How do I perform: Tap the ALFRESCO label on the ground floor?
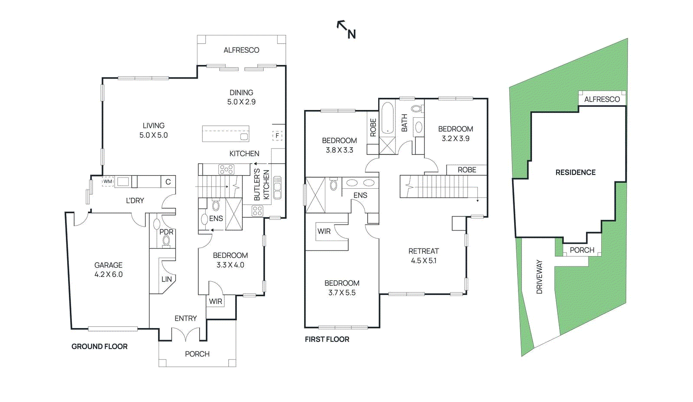241,50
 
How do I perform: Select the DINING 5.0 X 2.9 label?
241,97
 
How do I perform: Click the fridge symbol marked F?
277,135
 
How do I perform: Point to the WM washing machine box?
107,181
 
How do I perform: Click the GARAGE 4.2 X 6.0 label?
108,270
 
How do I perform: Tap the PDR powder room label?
166,232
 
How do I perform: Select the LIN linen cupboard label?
166,279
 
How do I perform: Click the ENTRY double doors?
186,334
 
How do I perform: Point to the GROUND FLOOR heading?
99,347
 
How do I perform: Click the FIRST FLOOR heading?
327,339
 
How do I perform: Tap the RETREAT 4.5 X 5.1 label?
424,256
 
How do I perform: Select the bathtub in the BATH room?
387,118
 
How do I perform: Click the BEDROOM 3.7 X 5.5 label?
342,288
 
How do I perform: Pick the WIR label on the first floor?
324,231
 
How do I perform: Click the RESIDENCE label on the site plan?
575,172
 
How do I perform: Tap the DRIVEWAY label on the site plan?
539,277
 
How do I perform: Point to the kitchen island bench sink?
244,137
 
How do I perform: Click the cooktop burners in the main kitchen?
226,169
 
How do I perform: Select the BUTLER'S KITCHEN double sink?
277,187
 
